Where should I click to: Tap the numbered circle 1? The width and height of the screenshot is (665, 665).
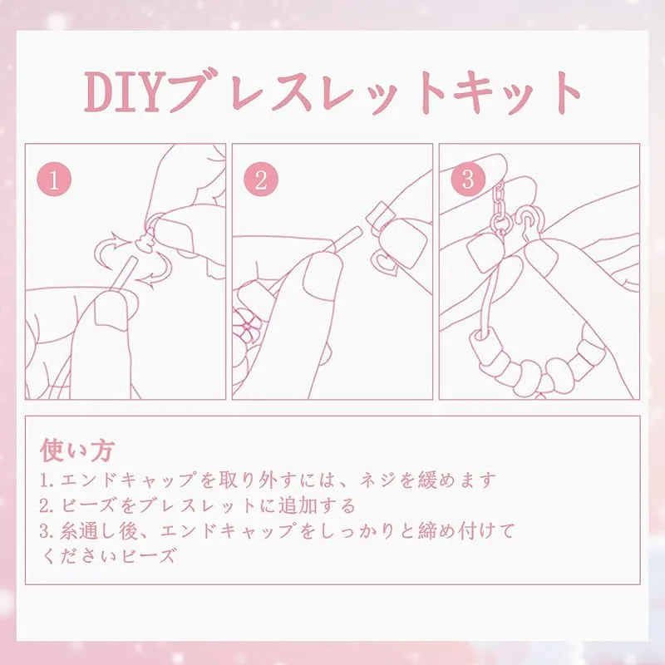[x=54, y=179]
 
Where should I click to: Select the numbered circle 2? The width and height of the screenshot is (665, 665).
[x=261, y=179]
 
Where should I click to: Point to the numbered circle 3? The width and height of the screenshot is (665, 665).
[x=468, y=179]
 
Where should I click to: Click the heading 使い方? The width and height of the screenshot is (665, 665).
[x=77, y=450]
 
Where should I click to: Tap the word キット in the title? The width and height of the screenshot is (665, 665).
[x=517, y=93]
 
